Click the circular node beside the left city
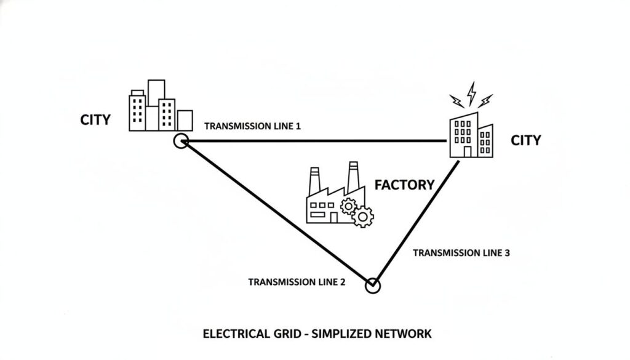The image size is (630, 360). (180, 142)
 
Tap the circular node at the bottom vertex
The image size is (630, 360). (373, 286)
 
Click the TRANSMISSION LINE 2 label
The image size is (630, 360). (297, 282)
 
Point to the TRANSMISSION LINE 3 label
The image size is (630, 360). (461, 253)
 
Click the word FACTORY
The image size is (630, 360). (404, 185)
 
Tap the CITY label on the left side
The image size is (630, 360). (95, 120)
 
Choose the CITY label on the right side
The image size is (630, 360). (526, 141)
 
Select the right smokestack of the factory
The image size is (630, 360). (353, 177)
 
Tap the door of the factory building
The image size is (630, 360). (333, 217)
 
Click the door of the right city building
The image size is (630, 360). (468, 152)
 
